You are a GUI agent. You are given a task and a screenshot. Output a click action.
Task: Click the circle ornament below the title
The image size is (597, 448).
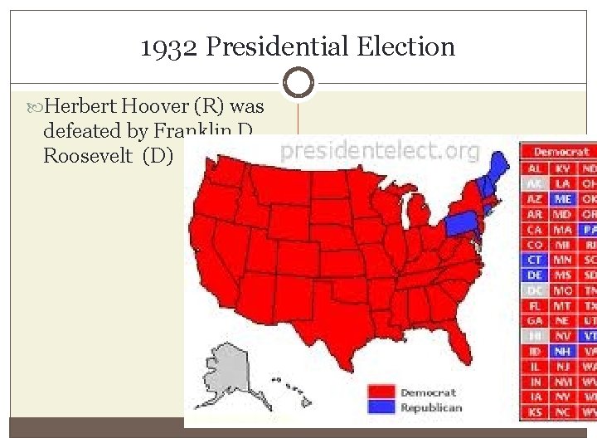point(298,83)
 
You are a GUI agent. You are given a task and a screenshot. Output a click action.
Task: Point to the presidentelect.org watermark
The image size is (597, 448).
point(380,151)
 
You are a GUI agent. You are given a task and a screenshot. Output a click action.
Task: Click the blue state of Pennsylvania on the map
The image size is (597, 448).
point(461,222)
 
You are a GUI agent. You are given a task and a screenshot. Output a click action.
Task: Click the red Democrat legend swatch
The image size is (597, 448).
point(382,392)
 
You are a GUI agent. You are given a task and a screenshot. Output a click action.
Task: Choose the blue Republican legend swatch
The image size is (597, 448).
point(382,407)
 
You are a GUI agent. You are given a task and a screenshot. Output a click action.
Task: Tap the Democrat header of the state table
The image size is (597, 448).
point(561,152)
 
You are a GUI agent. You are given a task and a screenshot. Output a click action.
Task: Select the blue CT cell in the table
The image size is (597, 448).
point(535,260)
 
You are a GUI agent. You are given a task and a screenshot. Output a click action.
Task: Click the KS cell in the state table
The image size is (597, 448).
point(535,411)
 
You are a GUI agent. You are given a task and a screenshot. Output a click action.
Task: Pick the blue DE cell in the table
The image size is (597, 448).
point(535,275)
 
